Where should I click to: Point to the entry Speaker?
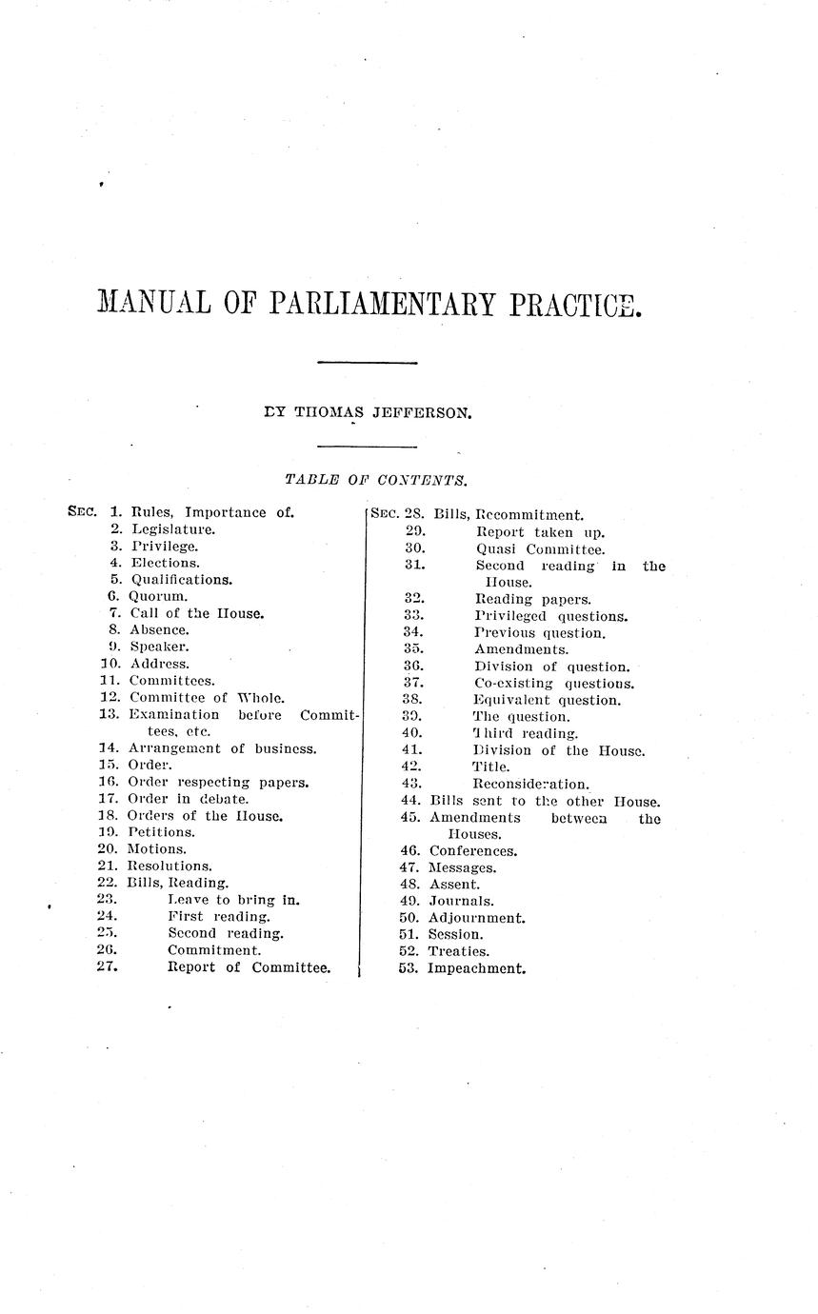[x=159, y=647]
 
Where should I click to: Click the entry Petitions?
[x=161, y=832]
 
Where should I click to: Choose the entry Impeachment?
[x=476, y=968]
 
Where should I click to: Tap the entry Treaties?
[x=459, y=951]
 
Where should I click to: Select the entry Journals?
[x=461, y=901]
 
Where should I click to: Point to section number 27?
[x=108, y=967]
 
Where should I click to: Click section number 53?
[x=409, y=968]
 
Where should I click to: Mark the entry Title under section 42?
[x=491, y=766]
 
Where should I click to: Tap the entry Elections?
[x=165, y=563]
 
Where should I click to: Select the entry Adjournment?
[x=476, y=918]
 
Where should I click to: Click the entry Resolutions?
[x=170, y=866]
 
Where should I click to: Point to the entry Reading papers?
[x=533, y=599]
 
